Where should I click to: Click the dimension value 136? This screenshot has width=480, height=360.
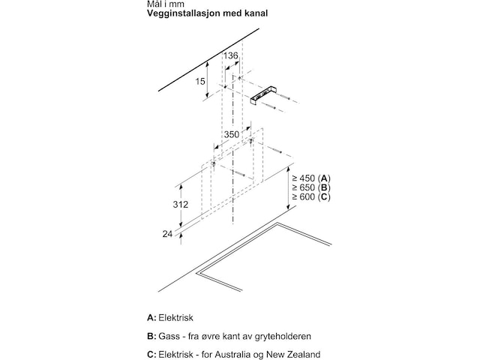tap(230, 55)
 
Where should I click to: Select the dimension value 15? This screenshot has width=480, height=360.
tap(200, 82)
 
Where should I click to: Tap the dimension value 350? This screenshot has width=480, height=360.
tap(232, 134)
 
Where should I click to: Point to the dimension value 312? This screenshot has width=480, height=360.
tap(180, 205)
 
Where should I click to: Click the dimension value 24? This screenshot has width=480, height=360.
tap(167, 234)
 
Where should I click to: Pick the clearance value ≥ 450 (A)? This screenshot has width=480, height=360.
tap(311, 178)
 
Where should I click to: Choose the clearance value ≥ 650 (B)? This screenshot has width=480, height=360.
tap(311, 187)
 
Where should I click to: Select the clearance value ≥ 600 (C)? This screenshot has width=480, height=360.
tap(311, 196)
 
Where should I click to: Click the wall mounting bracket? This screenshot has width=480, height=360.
tap(263, 97)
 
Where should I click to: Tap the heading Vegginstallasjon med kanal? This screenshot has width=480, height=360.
tap(207, 13)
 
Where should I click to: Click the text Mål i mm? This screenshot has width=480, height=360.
tap(166, 4)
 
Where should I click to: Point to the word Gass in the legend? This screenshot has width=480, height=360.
tap(169, 336)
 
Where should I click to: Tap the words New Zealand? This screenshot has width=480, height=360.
tap(293, 355)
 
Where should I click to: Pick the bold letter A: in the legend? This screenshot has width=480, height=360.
tap(151, 318)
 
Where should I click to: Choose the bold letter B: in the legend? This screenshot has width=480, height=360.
tap(151, 336)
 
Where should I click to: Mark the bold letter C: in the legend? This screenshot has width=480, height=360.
tap(151, 355)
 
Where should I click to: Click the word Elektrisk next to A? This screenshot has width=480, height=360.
tap(175, 318)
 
